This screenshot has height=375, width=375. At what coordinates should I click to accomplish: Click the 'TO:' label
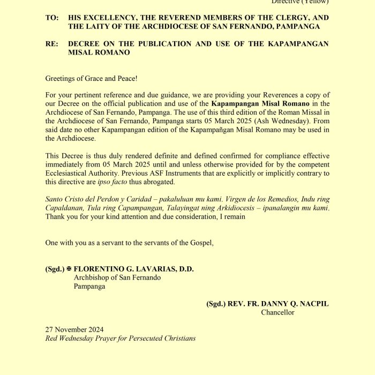point(51,18)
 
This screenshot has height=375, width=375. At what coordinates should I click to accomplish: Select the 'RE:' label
point(51,44)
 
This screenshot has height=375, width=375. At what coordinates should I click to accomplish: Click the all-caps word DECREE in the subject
point(86,44)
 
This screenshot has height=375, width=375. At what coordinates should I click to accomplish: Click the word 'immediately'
point(64,164)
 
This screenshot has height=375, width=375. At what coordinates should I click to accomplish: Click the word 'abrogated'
point(159,182)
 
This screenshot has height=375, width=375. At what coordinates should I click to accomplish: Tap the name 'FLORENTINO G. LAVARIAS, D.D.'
point(133,269)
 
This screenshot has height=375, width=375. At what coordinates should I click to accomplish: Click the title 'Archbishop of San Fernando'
point(117,277)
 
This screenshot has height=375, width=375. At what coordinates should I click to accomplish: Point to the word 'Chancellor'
point(277,312)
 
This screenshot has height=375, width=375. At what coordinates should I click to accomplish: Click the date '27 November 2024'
point(74,329)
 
